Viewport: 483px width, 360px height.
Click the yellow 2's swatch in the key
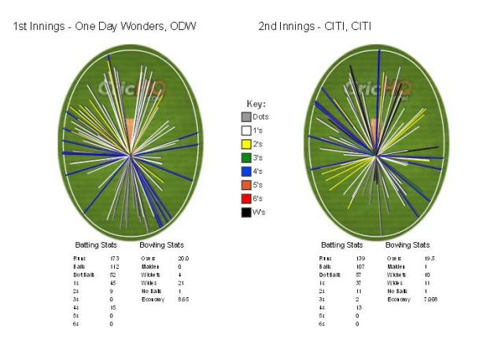point(246,144)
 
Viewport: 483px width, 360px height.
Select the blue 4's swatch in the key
point(246,171)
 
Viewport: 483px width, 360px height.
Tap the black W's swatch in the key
point(246,211)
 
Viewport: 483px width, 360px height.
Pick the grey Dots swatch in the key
point(246,116)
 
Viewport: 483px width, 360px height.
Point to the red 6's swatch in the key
point(246,198)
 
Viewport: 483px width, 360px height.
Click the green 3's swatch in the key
point(246,157)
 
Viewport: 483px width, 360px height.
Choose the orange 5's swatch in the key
point(246,185)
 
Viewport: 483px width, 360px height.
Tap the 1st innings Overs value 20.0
point(183,258)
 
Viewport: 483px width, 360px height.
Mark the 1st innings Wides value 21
point(180,282)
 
